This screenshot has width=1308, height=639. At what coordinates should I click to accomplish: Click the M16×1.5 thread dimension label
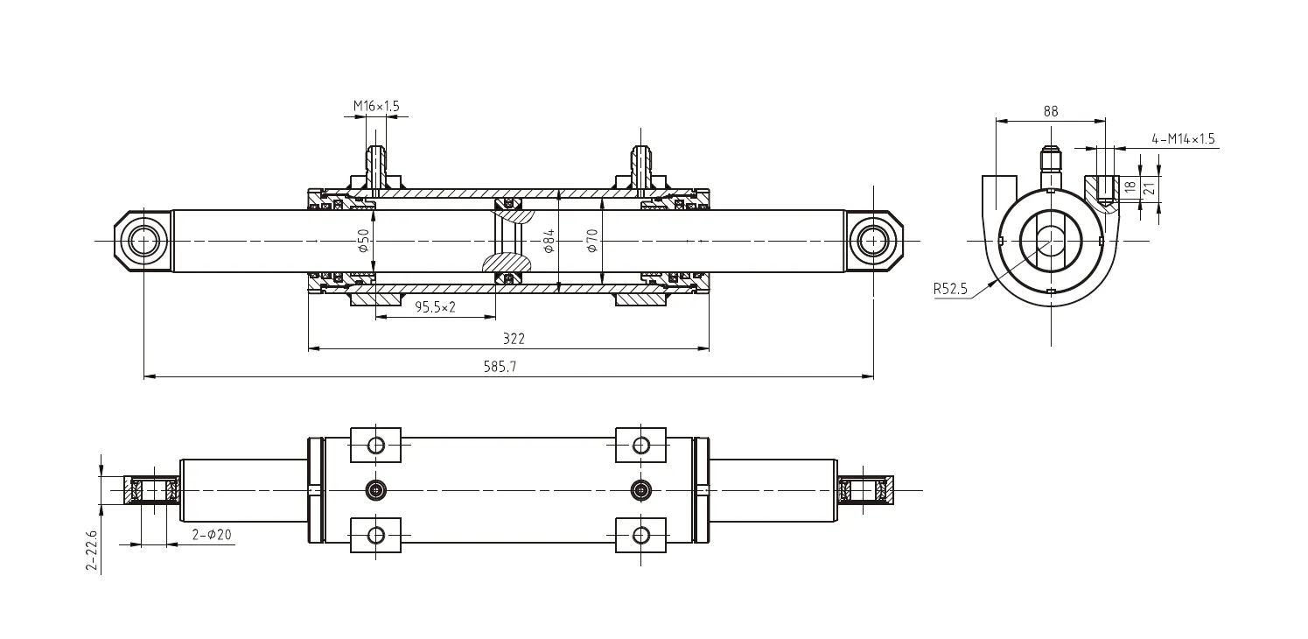click(376, 106)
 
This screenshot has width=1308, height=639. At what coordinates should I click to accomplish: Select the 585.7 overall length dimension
click(500, 368)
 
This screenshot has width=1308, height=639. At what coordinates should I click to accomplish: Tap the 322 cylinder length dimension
click(514, 339)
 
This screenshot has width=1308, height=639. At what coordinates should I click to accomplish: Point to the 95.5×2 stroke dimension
click(435, 307)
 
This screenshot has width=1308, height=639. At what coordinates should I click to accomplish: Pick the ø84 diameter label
click(549, 241)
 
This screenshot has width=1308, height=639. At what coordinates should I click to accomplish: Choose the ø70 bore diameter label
click(591, 241)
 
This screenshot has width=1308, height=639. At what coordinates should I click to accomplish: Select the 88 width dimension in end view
click(1051, 111)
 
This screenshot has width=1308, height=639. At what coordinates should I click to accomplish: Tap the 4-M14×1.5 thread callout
click(1183, 138)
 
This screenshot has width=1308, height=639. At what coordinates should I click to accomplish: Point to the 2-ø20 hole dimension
click(211, 535)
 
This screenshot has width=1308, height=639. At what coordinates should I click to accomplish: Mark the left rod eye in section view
click(143, 240)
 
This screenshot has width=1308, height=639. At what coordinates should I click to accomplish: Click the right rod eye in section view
click(873, 240)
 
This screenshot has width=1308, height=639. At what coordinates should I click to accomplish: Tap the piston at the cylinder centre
click(507, 241)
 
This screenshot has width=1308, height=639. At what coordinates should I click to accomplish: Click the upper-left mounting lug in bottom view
click(375, 445)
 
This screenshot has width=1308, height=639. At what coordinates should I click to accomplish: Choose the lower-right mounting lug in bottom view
click(641, 535)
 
